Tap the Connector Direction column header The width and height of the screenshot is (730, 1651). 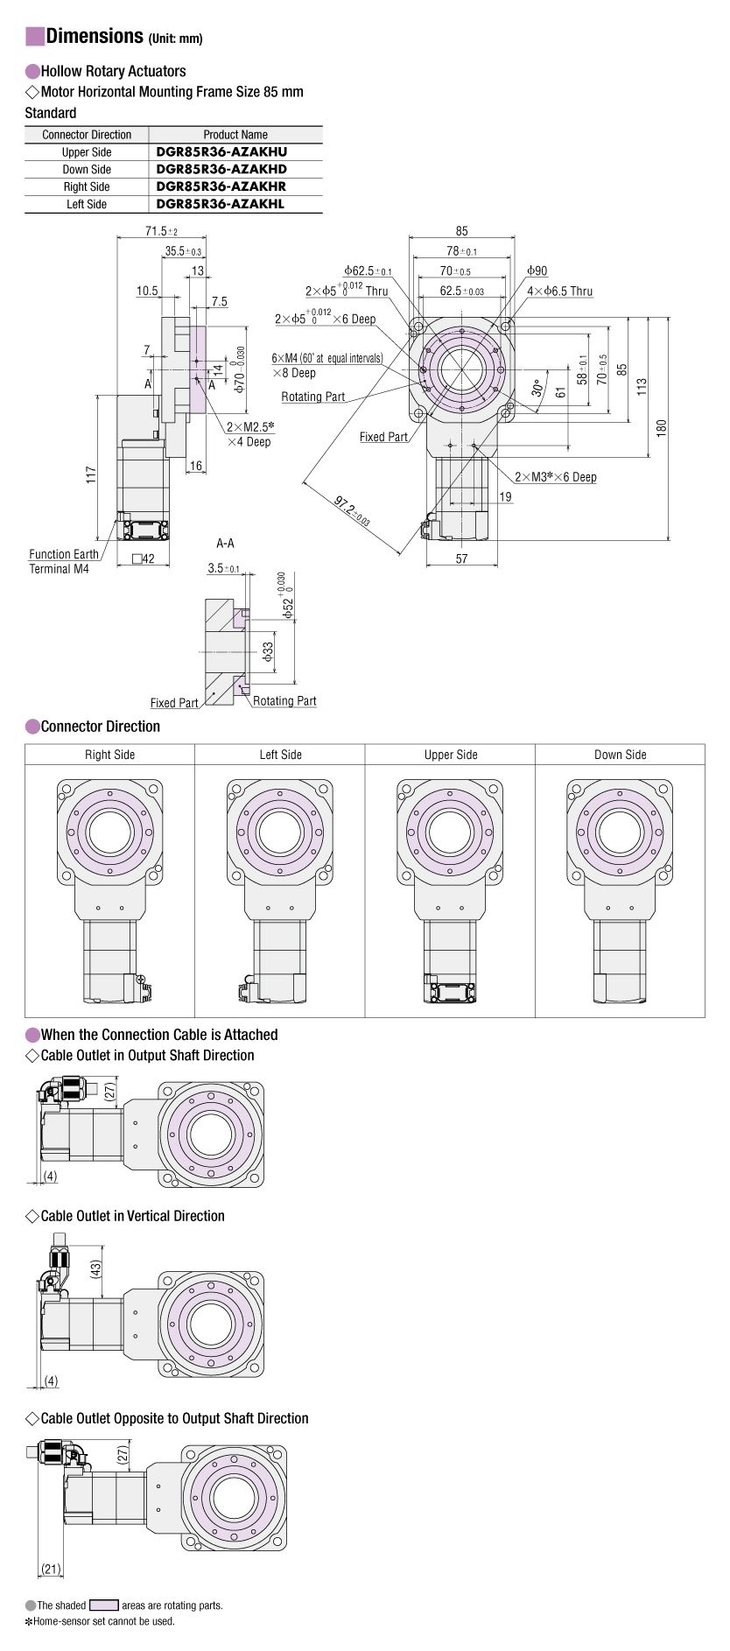(87, 135)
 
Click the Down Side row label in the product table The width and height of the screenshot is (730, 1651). (87, 169)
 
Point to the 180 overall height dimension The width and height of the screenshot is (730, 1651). (662, 427)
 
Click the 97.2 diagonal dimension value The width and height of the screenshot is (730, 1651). (352, 509)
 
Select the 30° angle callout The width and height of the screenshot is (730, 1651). (538, 387)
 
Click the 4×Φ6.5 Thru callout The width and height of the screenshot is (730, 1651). (559, 292)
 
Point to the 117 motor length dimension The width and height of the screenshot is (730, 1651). (91, 476)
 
